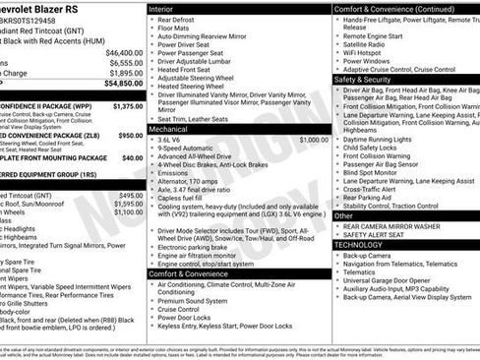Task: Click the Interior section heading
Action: (159, 8)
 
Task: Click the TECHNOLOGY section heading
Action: (362, 244)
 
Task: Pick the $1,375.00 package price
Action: (128, 105)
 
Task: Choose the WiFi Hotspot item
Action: (365, 50)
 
